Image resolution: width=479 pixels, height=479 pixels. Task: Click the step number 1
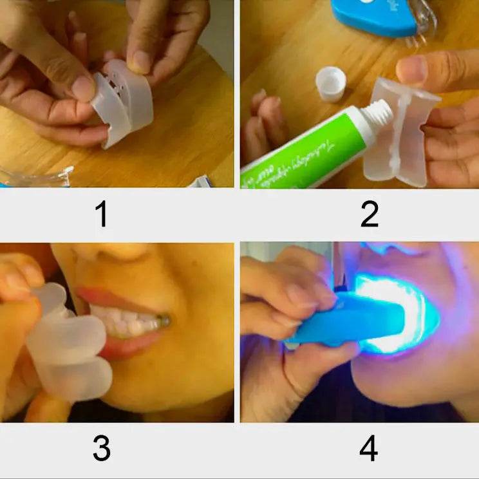pyautogui.click(x=101, y=215)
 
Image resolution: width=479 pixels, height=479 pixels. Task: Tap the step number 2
pyautogui.click(x=369, y=215)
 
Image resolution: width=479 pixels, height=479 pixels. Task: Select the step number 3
pyautogui.click(x=101, y=449)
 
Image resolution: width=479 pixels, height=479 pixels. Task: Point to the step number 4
pyautogui.click(x=368, y=449)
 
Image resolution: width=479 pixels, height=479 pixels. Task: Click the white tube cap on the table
pyautogui.click(x=330, y=84)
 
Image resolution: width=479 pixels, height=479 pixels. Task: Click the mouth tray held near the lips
pyautogui.click(x=68, y=348)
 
